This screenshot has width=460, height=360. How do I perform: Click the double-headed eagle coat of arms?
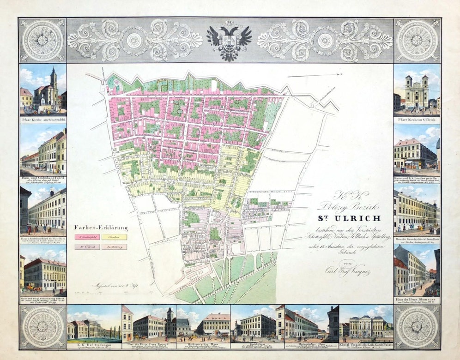click(x=229, y=41)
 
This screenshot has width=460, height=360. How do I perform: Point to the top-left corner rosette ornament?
click(x=42, y=41)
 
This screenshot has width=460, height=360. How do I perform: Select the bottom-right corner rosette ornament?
click(x=417, y=327)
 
